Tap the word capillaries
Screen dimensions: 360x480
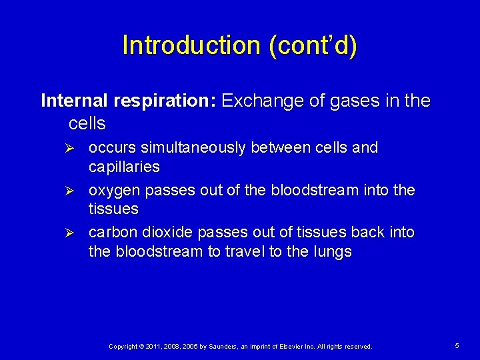(x=124, y=166)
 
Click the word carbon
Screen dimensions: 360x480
(x=111, y=233)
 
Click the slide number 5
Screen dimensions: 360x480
(x=457, y=346)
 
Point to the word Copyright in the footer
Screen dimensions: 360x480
(x=123, y=347)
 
